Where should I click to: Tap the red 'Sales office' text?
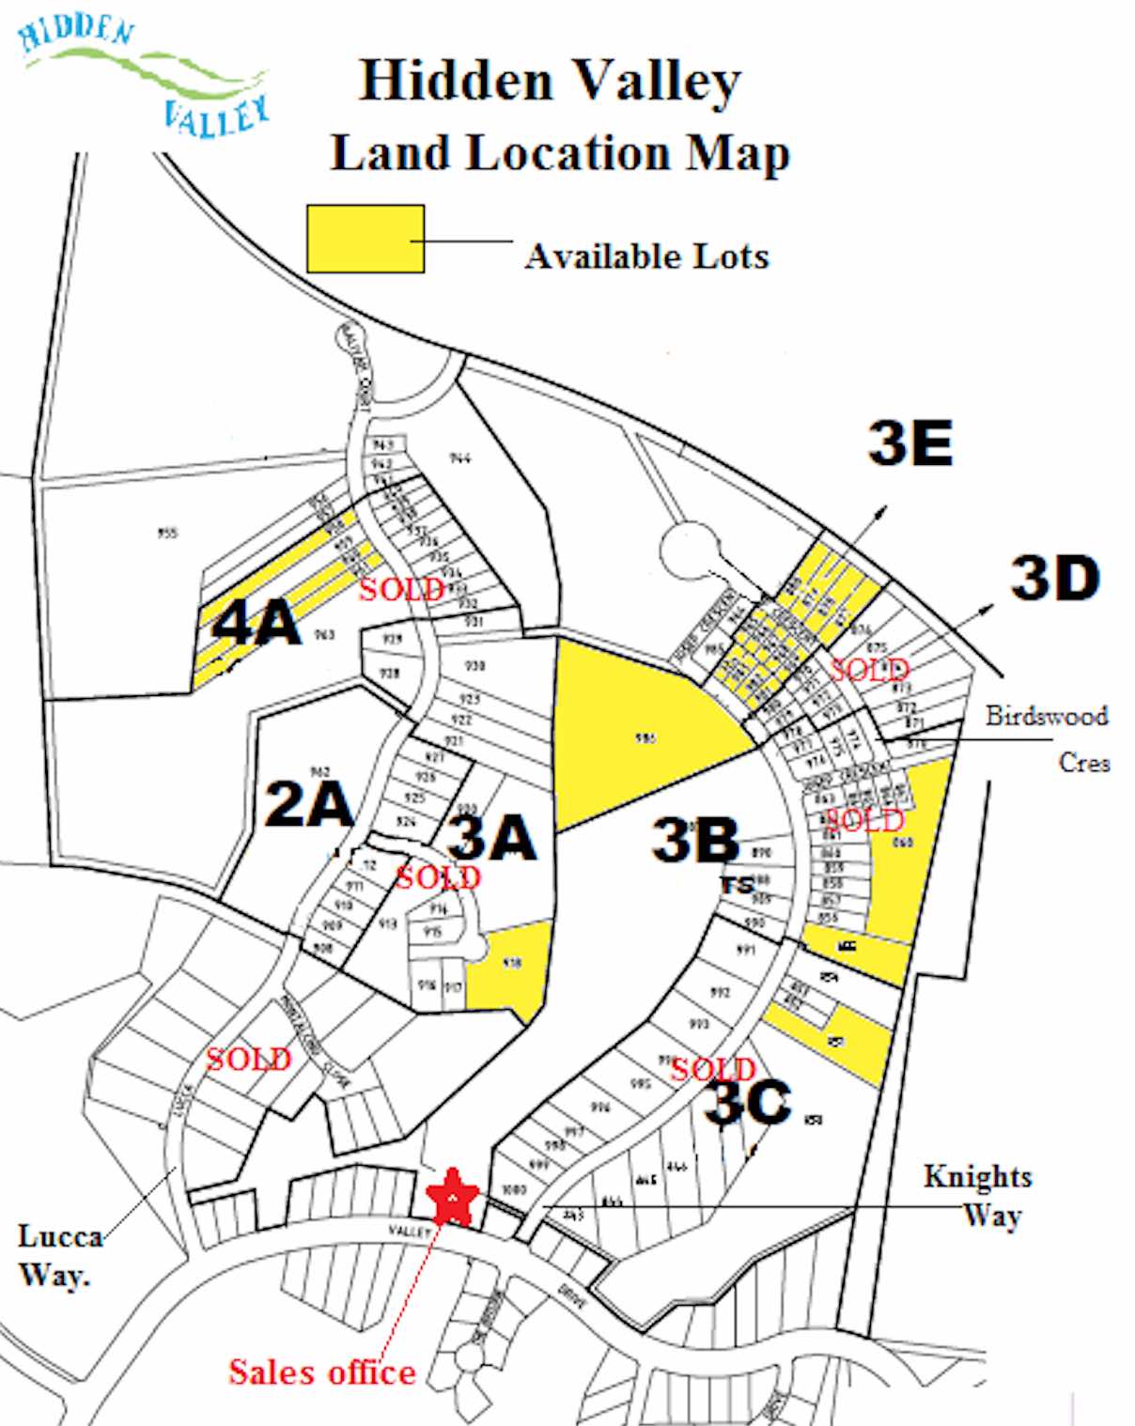[x=322, y=1372]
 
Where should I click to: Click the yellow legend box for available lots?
[x=365, y=240]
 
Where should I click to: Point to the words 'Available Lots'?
[x=646, y=256]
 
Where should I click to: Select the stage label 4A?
[x=256, y=623]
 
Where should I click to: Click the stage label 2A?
[x=308, y=804]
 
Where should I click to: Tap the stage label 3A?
[x=492, y=837]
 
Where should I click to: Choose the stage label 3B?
[x=695, y=839]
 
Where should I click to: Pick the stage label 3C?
[x=748, y=1101]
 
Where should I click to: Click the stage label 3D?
[x=1054, y=578]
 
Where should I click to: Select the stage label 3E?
[x=910, y=442]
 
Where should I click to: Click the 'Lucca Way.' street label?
[x=58, y=1255]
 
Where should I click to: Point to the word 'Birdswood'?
[x=1047, y=716]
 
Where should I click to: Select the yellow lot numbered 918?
[x=509, y=968]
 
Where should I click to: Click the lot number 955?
[x=168, y=534]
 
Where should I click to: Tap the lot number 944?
[x=459, y=458]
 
